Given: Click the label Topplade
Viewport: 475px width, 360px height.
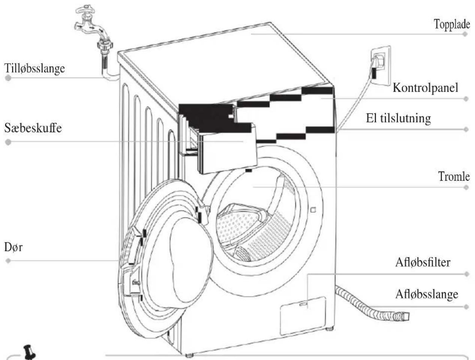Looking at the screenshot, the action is coord(452,24).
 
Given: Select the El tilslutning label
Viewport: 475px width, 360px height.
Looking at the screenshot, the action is coord(399,118).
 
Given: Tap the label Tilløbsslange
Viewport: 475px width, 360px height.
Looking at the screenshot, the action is coord(34,69).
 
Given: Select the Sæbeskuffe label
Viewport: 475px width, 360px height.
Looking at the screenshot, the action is coord(33,128).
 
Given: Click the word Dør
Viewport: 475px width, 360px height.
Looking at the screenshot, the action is coord(13,247).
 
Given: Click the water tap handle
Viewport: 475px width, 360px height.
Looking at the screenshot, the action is coord(85,10).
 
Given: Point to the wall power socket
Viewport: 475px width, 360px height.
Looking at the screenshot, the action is coord(381,66).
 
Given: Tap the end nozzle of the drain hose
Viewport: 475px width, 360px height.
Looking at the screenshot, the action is coord(404,316).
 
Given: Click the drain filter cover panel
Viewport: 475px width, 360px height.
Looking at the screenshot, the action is coord(303,316).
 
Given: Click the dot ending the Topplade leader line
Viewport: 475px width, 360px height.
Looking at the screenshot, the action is coord(465,34).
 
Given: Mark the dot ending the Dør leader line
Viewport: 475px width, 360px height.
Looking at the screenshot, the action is coord(8,261).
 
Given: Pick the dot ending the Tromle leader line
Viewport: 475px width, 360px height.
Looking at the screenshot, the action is coord(466,187).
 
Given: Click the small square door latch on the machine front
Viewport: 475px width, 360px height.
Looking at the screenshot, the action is coord(313,210).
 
